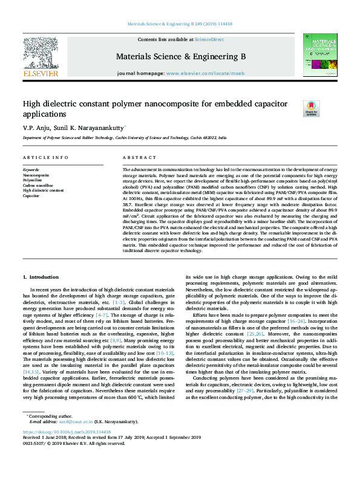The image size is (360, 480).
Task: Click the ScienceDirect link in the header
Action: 209,39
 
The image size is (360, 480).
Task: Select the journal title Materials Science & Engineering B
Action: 179,56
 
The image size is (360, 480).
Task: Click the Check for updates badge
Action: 311,109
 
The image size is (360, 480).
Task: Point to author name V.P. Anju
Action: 36,128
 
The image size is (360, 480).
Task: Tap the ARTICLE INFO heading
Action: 45,157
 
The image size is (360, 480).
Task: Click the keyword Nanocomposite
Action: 37,175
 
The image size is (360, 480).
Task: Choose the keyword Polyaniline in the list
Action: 33,180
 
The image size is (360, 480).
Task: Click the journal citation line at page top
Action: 179,24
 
